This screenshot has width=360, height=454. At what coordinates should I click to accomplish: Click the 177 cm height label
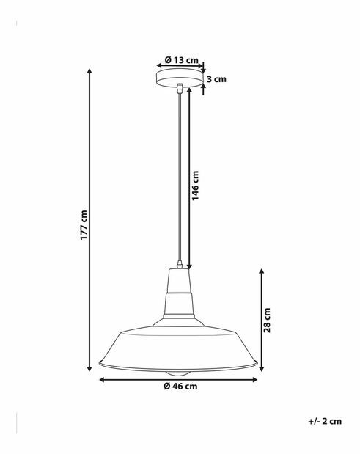tap(84, 225)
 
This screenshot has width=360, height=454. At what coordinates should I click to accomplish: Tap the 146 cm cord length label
tap(195, 187)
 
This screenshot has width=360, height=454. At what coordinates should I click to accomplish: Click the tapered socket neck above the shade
tap(178, 293)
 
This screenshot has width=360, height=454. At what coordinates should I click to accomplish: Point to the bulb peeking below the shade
tap(178, 373)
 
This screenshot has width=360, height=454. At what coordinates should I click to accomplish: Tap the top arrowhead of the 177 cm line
tap(90, 71)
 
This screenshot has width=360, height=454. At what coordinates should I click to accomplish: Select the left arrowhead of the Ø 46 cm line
tap(101, 380)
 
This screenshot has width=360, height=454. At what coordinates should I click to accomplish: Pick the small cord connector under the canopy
tap(178, 89)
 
